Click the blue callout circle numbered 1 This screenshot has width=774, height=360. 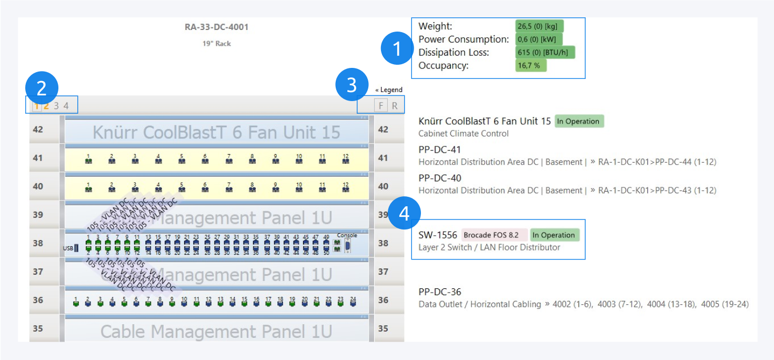pyautogui.click(x=397, y=49)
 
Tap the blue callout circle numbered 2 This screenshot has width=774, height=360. pyautogui.click(x=41, y=88)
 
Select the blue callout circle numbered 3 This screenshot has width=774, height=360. pyautogui.click(x=352, y=86)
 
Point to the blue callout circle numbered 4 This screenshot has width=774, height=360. pyautogui.click(x=404, y=213)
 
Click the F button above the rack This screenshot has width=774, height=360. pyautogui.click(x=381, y=106)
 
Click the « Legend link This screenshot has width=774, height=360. pyautogui.click(x=389, y=90)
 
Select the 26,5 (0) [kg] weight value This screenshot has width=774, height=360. pyautogui.click(x=539, y=26)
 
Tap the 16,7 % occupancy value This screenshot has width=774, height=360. pyautogui.click(x=531, y=66)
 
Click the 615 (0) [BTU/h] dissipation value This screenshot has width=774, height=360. pyautogui.click(x=545, y=53)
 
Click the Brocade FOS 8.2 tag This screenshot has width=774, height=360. pyautogui.click(x=495, y=235)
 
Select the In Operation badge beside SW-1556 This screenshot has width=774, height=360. pyautogui.click(x=555, y=235)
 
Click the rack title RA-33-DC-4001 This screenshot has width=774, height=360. pyautogui.click(x=216, y=27)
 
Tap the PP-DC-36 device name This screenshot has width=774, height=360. pyautogui.click(x=440, y=292)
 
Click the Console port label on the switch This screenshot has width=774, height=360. pyautogui.click(x=347, y=235)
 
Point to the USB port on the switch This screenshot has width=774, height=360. pyautogui.click(x=76, y=248)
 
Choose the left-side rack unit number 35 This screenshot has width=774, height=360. pyautogui.click(x=38, y=328)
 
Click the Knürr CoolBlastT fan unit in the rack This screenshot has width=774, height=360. pyautogui.click(x=216, y=132)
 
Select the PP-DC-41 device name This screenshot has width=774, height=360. pyautogui.click(x=440, y=150)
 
